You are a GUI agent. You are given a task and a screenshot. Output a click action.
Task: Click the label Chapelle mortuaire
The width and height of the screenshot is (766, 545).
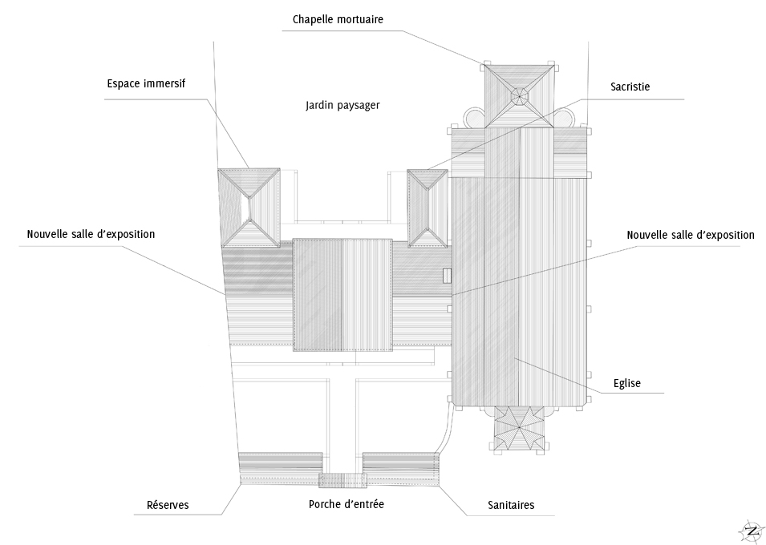click(x=338, y=19)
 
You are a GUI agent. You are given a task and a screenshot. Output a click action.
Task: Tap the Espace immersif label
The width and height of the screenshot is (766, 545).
click(x=147, y=83)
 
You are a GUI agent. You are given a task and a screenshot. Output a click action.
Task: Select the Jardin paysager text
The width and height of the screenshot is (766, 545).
click(x=342, y=105)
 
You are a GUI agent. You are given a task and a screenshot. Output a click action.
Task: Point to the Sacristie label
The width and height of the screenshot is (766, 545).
click(x=630, y=87)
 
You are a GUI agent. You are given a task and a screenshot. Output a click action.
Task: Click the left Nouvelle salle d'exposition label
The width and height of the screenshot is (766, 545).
click(x=91, y=234)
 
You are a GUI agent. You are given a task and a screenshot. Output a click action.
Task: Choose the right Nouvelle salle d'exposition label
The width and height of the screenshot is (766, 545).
click(x=690, y=235)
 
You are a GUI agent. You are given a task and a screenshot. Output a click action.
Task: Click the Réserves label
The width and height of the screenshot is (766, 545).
click(x=168, y=505)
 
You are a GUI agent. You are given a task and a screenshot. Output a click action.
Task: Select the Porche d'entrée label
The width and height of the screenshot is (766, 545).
click(x=347, y=505)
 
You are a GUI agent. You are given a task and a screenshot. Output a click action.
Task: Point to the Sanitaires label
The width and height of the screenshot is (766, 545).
click(x=511, y=505)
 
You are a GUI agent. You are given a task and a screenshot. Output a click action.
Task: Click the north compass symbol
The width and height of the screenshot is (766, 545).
click(x=752, y=530)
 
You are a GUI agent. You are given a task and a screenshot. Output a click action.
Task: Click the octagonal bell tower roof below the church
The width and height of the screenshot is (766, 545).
click(x=519, y=430)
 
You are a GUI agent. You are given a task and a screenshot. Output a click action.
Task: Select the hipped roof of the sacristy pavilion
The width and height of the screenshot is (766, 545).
click(x=427, y=208)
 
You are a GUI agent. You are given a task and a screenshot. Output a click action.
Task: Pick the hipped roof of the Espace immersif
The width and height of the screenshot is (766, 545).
click(x=249, y=207)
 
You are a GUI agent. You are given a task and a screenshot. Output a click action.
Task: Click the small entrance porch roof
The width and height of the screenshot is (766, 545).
click(x=342, y=480)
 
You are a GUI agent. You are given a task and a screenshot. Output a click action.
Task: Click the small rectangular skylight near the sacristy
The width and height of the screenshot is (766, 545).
click(x=447, y=275)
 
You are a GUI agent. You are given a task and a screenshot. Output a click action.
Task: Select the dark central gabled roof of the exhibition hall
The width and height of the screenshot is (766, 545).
click(x=342, y=294)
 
